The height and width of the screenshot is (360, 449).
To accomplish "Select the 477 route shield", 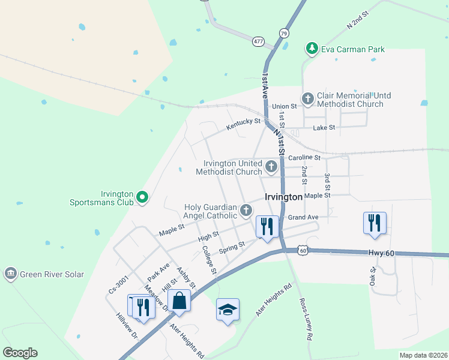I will point(258,41).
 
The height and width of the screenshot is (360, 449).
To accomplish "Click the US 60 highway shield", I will point(304,250).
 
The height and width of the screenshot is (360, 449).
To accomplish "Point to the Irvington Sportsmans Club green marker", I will point(142,197).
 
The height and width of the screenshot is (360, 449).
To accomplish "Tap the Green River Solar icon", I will point(10,274).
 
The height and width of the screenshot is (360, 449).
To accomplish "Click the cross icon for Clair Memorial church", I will point(308,98).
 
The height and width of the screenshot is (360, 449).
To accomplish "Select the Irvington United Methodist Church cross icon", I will point(271,166).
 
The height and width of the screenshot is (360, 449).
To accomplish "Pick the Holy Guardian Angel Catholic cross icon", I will point(246,210).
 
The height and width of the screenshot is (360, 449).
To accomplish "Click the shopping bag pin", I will point(179,301).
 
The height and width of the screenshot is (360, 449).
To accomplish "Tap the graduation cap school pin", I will point(228,309).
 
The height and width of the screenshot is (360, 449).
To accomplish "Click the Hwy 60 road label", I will point(382,254).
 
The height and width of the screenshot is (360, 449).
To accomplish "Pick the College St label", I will point(209,259).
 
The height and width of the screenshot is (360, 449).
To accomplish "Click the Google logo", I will point(20,353).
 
